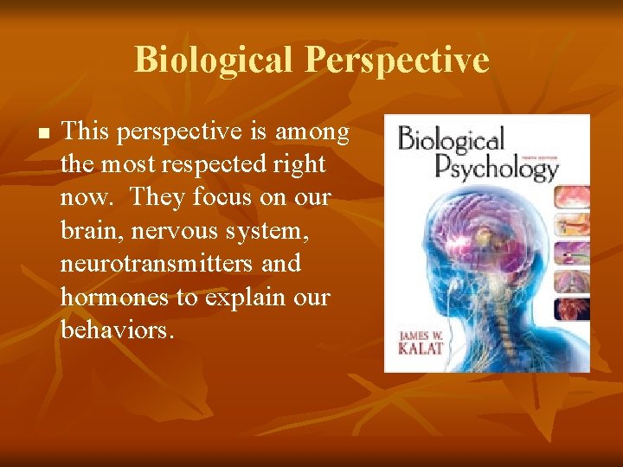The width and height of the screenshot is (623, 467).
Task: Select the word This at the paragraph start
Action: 85,131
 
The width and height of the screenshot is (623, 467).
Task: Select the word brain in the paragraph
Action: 88,230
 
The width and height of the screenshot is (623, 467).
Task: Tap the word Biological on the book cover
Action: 451,141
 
